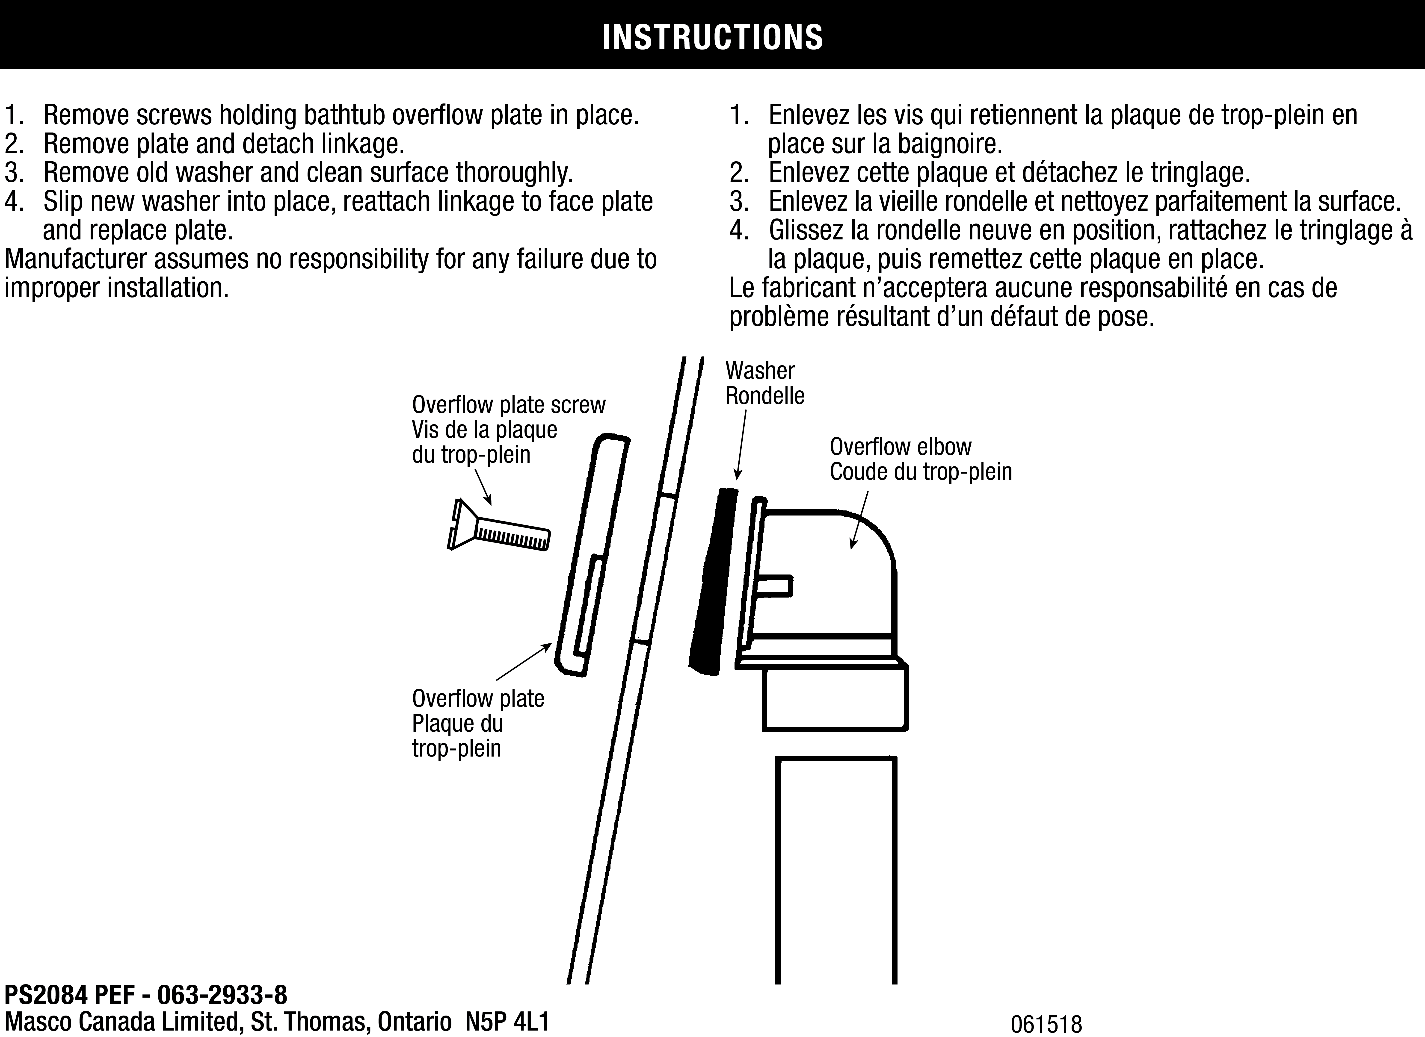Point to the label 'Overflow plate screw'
click(508, 405)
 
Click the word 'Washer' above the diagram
click(760, 371)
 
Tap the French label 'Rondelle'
click(765, 396)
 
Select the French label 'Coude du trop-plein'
click(921, 472)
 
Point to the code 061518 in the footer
click(1046, 1024)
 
